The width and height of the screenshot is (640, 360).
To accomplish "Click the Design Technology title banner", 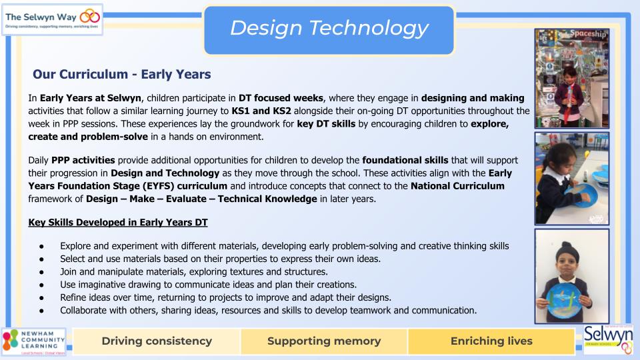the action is click(x=329, y=30).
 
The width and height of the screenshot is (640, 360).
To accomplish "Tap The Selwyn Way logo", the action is click(x=52, y=19).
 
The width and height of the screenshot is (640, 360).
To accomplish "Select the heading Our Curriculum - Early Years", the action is click(x=121, y=74).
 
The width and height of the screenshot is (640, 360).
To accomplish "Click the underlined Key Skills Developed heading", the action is click(x=118, y=223).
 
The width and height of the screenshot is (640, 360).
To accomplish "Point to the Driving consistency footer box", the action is click(x=157, y=341).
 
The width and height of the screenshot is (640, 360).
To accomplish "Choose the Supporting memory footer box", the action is click(x=324, y=341).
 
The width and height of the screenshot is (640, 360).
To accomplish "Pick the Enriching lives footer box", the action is click(x=491, y=341).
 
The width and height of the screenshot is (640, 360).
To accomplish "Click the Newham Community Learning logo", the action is click(x=33, y=341).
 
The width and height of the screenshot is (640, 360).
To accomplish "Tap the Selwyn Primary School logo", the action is click(x=608, y=339).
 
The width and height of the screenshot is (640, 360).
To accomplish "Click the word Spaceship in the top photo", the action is click(x=588, y=34).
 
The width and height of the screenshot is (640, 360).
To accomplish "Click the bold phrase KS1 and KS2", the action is click(x=261, y=111).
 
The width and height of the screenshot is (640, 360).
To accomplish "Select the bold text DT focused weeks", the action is click(x=281, y=98).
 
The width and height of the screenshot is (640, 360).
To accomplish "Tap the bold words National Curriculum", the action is click(x=457, y=186).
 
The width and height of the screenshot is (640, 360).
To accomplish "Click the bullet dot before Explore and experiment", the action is click(x=41, y=247).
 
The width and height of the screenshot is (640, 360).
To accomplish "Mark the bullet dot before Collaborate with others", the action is click(x=41, y=311).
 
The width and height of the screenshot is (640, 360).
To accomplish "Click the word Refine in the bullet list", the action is click(x=73, y=297).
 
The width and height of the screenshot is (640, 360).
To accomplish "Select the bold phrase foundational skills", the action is click(x=405, y=160).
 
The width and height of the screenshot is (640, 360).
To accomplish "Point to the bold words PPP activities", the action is click(x=83, y=160).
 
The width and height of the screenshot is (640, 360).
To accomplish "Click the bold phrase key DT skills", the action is click(x=326, y=124).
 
